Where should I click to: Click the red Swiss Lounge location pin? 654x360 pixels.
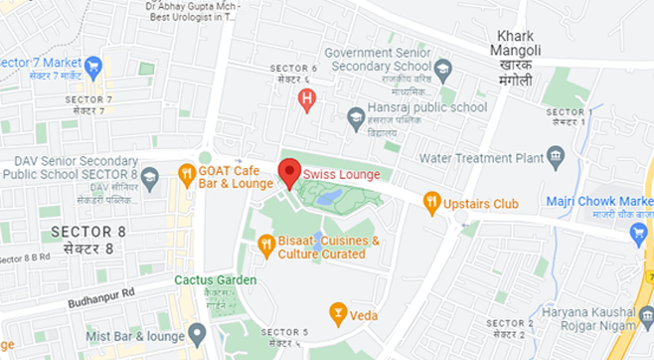[x=288, y=172]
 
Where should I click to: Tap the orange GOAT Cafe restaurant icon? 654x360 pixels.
[x=186, y=176]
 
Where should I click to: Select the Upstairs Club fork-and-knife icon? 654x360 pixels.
[x=431, y=203]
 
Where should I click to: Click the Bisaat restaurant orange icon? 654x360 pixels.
[x=265, y=244]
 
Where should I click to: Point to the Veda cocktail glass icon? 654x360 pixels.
[x=338, y=314]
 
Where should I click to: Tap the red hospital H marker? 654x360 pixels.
[x=307, y=100]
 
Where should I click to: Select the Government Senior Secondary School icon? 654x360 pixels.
[x=443, y=71]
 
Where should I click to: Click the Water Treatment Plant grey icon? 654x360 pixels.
[x=557, y=157]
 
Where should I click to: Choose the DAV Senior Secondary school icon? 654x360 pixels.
[x=150, y=179]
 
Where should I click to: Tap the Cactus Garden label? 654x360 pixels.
[x=215, y=279]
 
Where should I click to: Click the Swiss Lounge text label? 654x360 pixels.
[x=342, y=175]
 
